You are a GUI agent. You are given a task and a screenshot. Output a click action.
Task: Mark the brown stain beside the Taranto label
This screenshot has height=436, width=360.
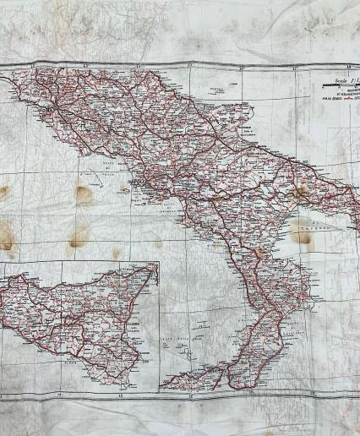click(x=301, y=235)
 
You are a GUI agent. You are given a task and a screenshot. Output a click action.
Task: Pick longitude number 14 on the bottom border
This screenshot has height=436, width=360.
click(x=59, y=395)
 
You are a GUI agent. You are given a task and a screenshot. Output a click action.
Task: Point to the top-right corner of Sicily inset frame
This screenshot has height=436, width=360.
click(x=159, y=263)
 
